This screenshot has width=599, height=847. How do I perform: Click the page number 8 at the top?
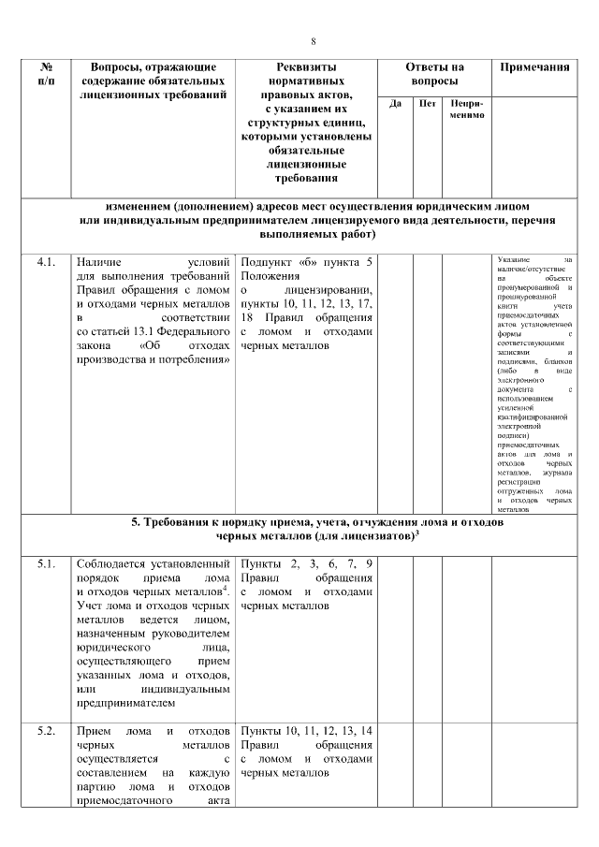(x=313, y=41)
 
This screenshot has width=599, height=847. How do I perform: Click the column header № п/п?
(x=46, y=74)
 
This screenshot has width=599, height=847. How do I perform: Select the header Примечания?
(x=534, y=67)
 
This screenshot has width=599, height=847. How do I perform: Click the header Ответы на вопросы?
(x=433, y=74)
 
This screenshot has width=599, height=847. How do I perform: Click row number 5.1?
(x=47, y=563)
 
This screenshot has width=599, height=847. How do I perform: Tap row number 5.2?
(x=47, y=730)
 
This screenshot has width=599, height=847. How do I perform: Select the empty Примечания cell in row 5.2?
(x=534, y=763)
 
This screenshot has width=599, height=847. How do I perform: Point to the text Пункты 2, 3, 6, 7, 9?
(x=307, y=563)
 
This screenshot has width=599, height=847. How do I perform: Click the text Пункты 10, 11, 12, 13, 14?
(x=307, y=730)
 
